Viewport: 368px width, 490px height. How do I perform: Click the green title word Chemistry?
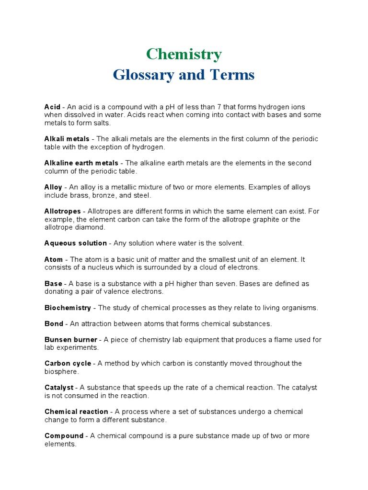tap(184, 54)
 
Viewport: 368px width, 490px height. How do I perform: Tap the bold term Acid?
tap(52, 107)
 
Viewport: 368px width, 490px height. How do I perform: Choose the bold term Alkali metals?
tap(67, 139)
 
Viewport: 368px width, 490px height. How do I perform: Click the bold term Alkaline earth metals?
tap(81, 163)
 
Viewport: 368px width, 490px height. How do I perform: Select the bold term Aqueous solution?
tap(75, 243)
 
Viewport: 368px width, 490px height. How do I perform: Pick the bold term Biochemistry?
tap(68, 308)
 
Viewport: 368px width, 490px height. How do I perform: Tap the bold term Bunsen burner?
tap(70, 340)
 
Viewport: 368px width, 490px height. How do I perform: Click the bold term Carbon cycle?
tap(68, 364)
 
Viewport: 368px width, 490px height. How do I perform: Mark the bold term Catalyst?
tap(59, 388)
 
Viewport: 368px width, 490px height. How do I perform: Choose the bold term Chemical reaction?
tap(76, 412)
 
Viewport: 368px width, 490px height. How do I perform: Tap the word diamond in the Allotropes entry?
tap(91, 227)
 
